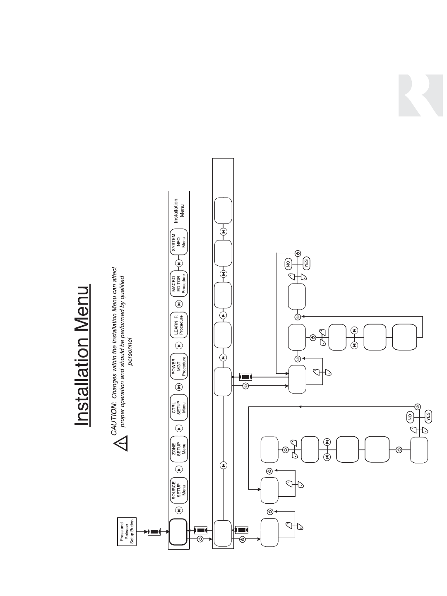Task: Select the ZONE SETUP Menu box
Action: pos(179,449)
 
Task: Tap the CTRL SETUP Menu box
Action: pos(179,407)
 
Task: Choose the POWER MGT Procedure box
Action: pos(179,366)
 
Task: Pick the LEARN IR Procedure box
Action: pos(179,324)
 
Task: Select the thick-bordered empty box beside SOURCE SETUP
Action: pos(178,531)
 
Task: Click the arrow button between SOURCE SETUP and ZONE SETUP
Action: pos(179,469)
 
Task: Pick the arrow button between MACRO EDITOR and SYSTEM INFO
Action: pos(179,263)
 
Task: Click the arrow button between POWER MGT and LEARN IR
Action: pos(179,345)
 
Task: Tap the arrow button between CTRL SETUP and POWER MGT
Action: pos(179,387)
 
